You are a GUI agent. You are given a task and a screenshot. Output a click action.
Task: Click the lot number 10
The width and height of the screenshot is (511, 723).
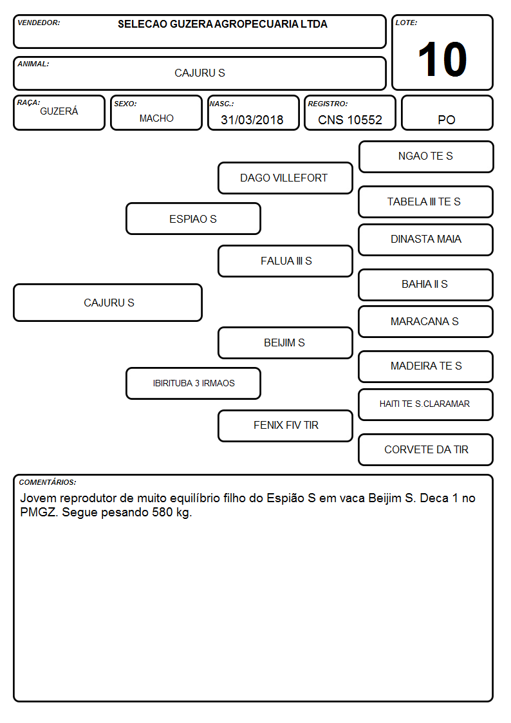[x=442, y=59]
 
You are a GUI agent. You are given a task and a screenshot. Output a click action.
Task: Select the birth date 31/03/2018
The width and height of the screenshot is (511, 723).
[x=252, y=120]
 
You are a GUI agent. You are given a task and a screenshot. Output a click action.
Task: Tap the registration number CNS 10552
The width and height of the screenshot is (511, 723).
[x=350, y=120]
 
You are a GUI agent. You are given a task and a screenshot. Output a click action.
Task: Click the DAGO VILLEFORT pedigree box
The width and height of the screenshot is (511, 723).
[x=285, y=178]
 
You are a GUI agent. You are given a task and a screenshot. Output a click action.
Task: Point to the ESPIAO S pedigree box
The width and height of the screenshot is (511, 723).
[x=193, y=219]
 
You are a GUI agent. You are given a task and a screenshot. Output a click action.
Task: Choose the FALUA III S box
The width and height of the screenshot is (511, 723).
[x=285, y=261]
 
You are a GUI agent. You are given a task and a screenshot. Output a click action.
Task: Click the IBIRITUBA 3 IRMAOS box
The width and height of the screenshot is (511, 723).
[x=193, y=383]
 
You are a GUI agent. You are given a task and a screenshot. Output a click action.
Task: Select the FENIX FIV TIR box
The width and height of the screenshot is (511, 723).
[x=285, y=426]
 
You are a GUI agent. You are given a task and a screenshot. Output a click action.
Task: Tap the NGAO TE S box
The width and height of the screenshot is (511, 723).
[x=426, y=157]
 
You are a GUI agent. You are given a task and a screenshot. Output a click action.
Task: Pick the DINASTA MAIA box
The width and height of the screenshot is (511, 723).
[x=426, y=239]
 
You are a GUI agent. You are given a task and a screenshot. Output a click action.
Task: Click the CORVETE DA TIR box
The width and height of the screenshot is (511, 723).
[x=426, y=449]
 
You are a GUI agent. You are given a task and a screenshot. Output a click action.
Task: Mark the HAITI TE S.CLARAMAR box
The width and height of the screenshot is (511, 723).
[x=426, y=404]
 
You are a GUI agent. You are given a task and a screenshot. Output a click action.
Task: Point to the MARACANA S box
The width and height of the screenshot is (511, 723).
[x=426, y=321]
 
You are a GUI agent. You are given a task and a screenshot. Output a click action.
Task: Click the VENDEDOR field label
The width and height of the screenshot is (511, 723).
[x=39, y=23]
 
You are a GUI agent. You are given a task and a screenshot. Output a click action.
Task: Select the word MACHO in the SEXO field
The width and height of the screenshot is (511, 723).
[x=156, y=118]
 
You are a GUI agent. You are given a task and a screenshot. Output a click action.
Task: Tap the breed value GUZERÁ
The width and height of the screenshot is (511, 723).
[x=59, y=111]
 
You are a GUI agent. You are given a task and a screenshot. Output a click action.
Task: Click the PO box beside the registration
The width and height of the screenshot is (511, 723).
[x=447, y=113]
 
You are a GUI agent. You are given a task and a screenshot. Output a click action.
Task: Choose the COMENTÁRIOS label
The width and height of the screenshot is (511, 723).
[x=48, y=482]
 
